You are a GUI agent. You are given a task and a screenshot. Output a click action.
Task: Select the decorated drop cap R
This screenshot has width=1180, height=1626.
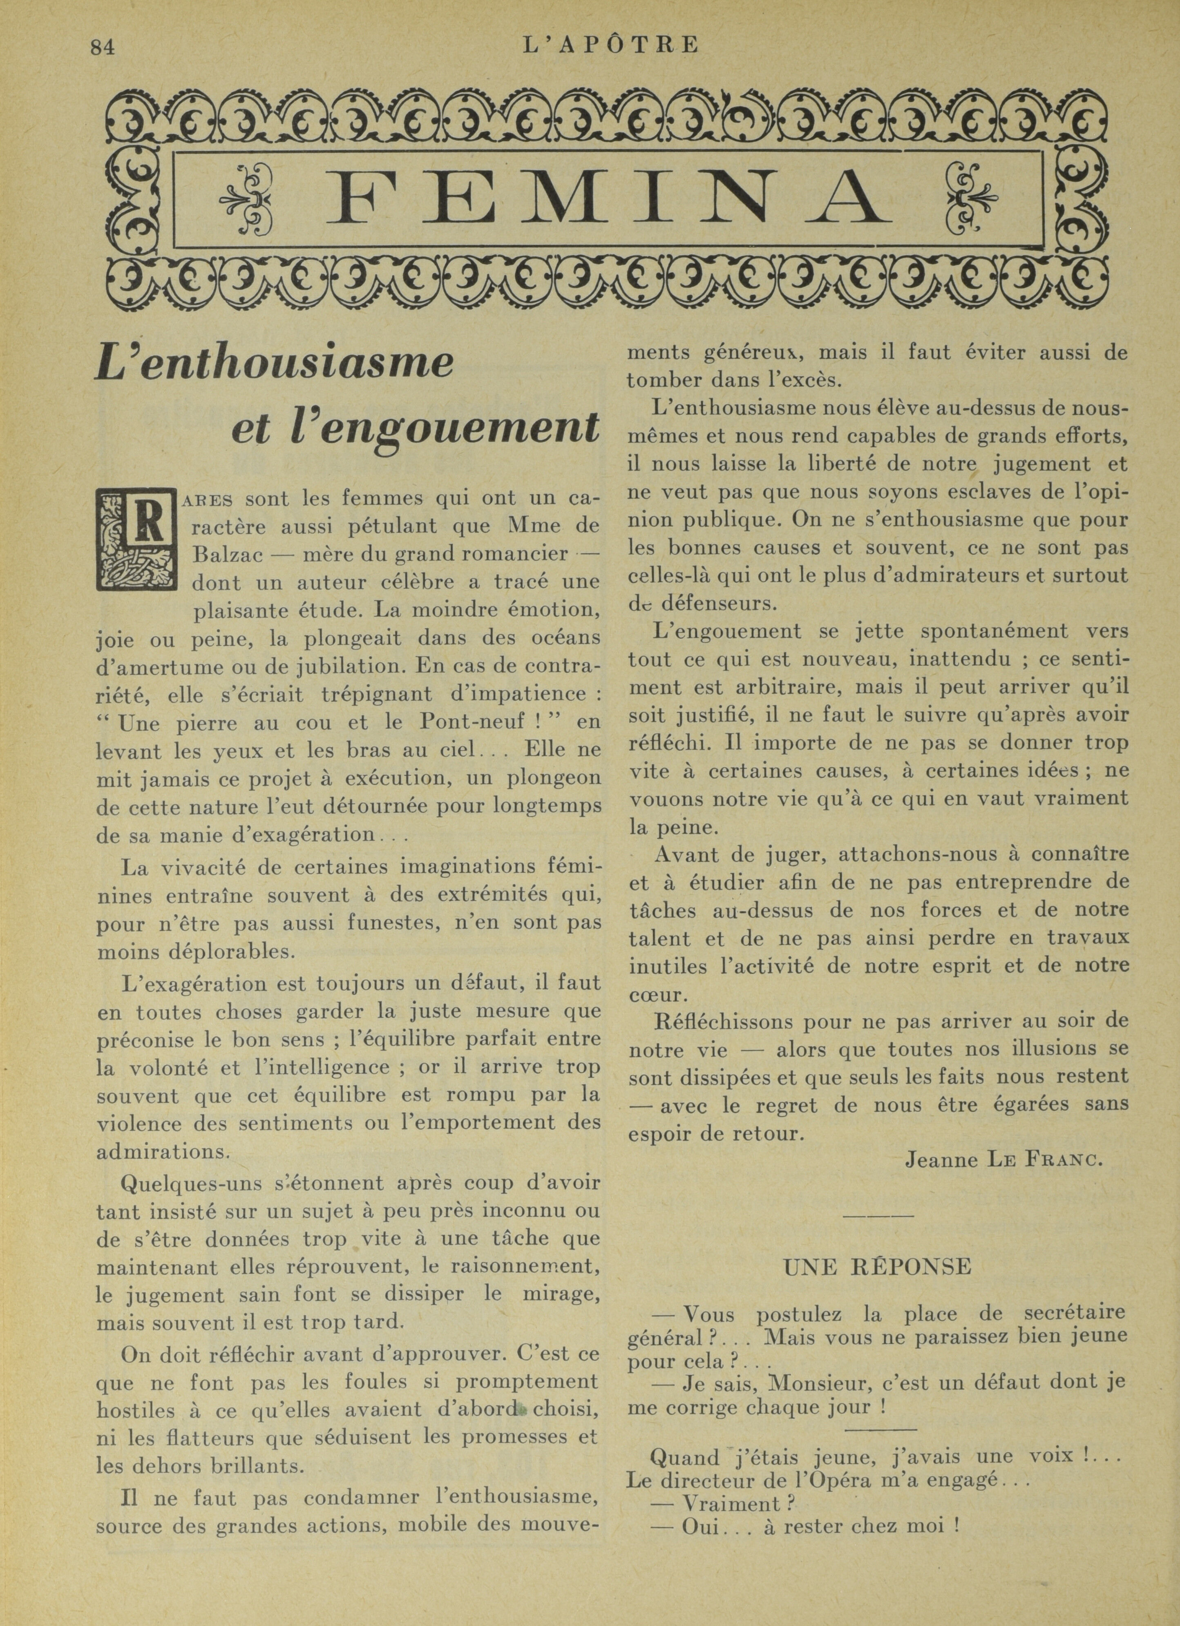(x=136, y=537)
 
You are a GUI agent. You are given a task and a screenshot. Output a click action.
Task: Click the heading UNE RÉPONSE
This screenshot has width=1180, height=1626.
(x=876, y=1267)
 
